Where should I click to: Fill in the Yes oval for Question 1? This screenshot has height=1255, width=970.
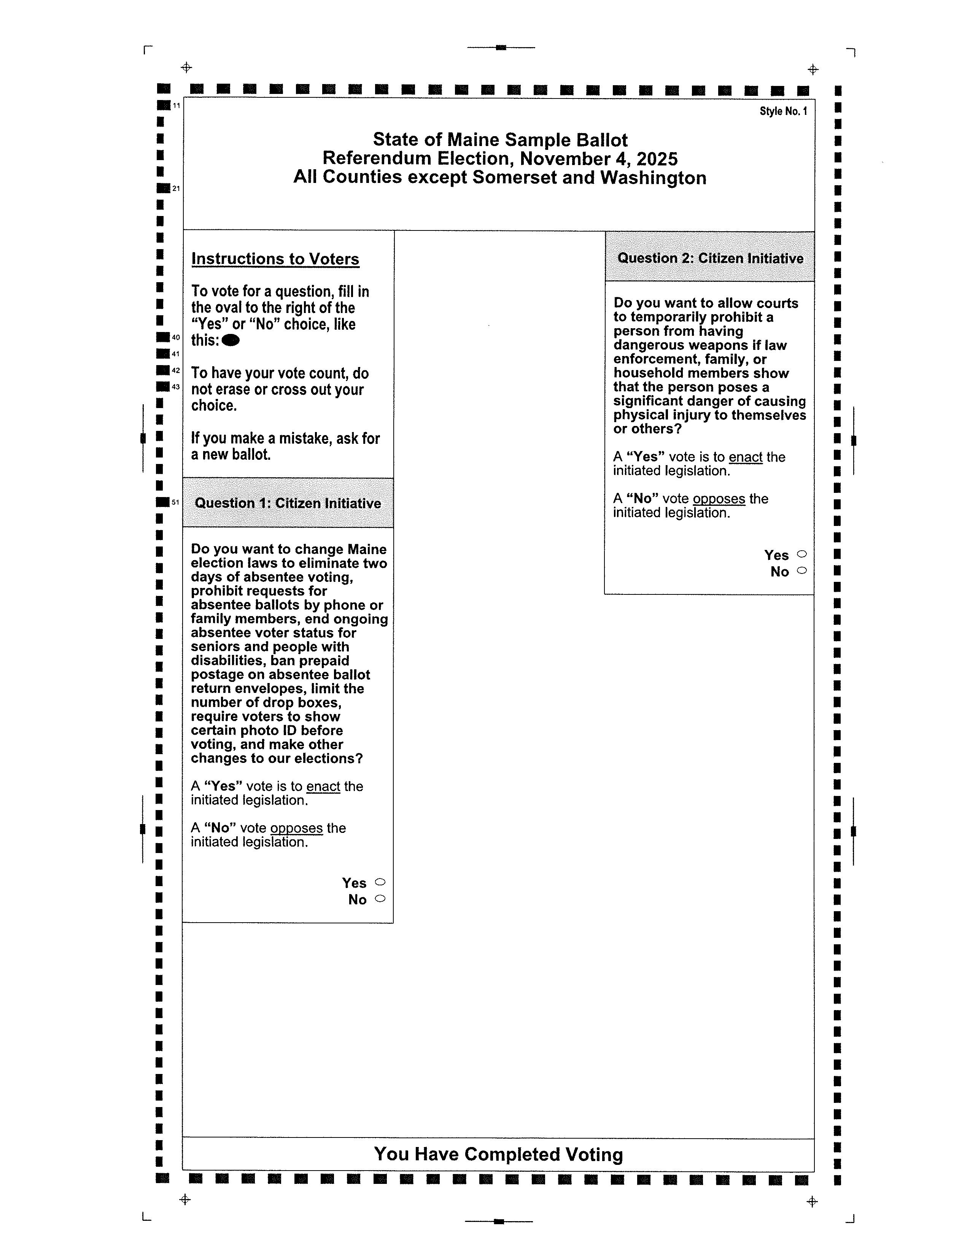tap(380, 882)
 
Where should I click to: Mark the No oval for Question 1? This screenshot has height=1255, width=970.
tap(380, 899)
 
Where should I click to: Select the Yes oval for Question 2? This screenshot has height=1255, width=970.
tap(802, 554)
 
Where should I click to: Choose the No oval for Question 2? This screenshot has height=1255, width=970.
tap(802, 570)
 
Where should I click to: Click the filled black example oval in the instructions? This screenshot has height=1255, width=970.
tap(231, 341)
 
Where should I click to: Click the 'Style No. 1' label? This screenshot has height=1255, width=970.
tap(783, 111)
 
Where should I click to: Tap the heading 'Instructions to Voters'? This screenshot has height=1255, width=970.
tap(275, 259)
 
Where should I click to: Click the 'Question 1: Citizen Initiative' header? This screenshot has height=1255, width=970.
tap(288, 504)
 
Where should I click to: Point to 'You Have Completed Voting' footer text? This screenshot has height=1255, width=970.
tap(498, 1155)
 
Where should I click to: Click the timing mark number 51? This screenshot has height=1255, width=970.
tap(176, 502)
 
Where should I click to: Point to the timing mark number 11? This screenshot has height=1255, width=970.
tap(177, 105)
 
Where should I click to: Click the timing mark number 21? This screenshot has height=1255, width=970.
tap(177, 189)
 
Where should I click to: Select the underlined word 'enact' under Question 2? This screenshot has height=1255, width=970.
tap(745, 458)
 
